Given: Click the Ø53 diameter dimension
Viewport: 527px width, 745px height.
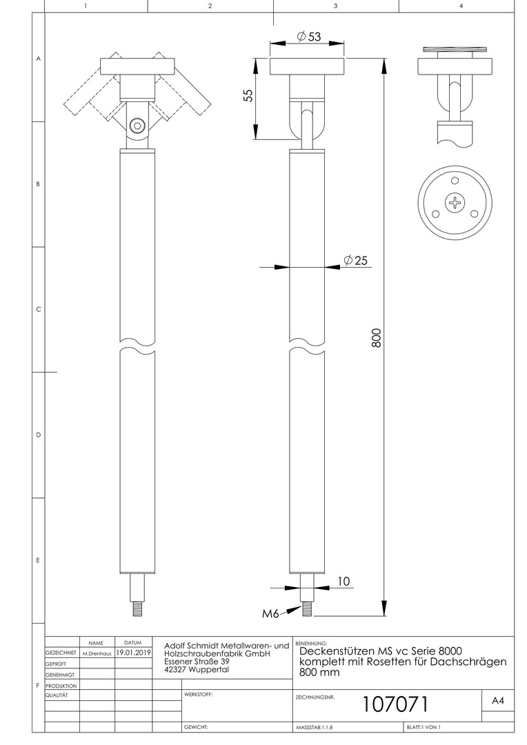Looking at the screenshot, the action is coord(309,36).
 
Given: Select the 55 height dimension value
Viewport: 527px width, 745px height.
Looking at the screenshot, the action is coord(248,95).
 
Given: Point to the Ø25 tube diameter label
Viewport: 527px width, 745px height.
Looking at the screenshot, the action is coord(355,260).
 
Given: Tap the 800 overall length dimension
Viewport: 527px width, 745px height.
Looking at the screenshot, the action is coord(376,337).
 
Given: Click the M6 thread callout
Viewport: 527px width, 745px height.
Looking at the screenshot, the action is coord(270,613).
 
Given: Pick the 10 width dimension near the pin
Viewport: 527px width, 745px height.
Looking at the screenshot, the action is coord(344,581).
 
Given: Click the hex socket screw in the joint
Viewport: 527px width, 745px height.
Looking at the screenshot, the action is coord(137,126).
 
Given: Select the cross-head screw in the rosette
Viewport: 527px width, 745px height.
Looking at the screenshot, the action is coord(455,203).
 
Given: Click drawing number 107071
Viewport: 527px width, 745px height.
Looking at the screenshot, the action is coord(395,704).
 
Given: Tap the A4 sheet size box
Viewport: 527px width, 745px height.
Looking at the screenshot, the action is coord(497,700).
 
